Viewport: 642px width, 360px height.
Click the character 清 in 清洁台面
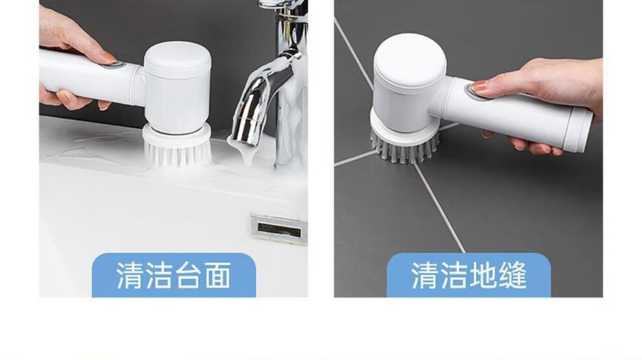[x=130, y=275]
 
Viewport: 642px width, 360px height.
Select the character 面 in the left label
[x=219, y=275]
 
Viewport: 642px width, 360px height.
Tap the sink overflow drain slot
[x=279, y=230]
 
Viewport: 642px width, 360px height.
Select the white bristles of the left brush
[x=177, y=153]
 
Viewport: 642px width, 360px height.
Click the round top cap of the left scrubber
[x=177, y=60]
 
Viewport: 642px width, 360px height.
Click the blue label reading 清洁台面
[x=174, y=275]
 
